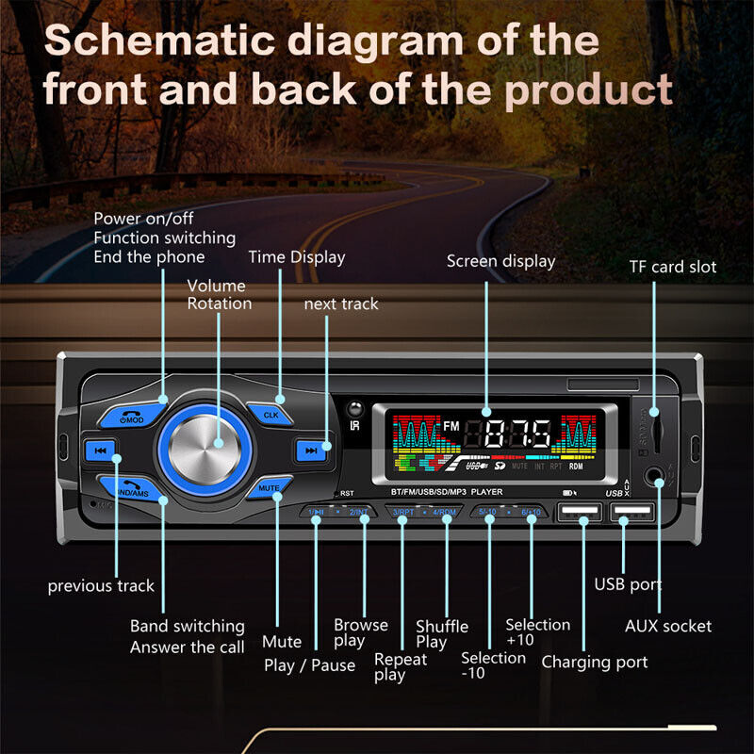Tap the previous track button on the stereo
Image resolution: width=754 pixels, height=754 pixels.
[x=102, y=449]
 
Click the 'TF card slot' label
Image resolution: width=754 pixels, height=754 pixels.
[x=672, y=267]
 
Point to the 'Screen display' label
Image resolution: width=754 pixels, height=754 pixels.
[x=500, y=261]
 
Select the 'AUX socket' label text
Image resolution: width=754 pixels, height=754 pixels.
[x=668, y=626]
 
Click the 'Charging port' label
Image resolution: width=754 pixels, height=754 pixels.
[x=594, y=662]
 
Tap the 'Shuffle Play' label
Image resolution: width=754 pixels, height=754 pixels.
[x=441, y=634]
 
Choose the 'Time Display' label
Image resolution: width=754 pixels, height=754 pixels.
[x=296, y=257]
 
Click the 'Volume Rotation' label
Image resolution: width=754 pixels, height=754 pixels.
[x=219, y=294]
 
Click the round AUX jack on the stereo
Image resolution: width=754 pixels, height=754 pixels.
[x=658, y=484]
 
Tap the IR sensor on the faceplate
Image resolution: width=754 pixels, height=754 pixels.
[x=354, y=408]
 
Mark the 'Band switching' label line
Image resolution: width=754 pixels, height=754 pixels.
[x=187, y=626]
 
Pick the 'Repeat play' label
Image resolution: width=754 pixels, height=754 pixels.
[x=400, y=666]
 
